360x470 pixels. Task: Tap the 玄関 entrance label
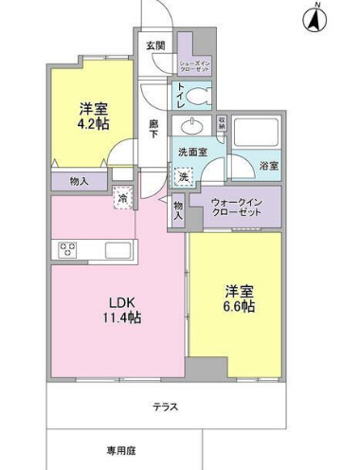tap(156, 45)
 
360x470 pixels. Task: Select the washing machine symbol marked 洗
tap(184, 174)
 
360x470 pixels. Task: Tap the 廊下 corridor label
tap(153, 128)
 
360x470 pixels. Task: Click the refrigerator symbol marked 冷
tap(122, 198)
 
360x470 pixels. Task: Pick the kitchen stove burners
tap(68, 250)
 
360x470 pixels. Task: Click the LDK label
tap(120, 302)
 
